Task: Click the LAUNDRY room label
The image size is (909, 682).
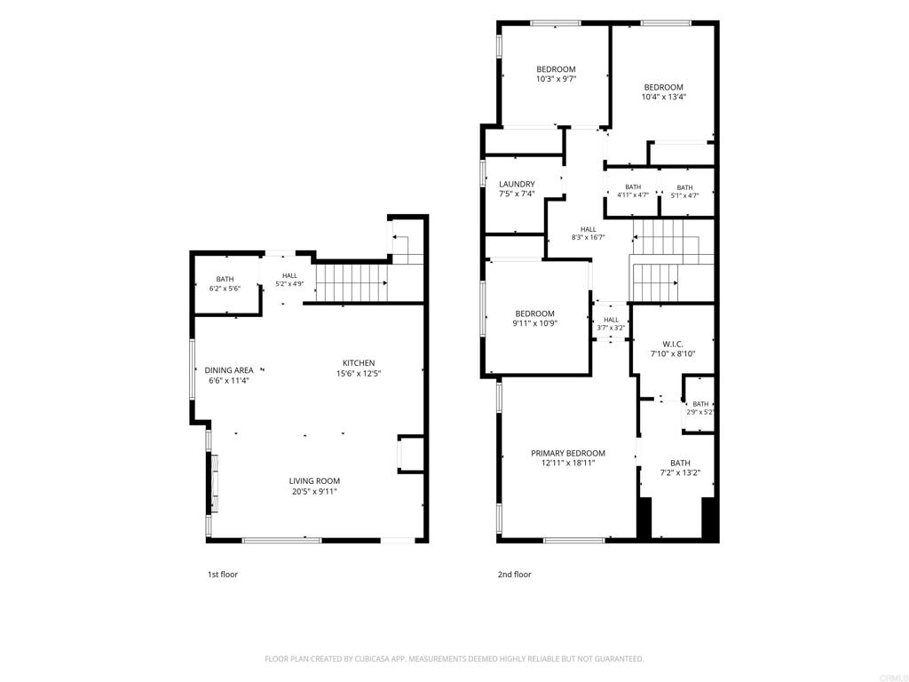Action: [x=517, y=185]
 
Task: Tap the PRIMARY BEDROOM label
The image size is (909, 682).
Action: [x=568, y=453]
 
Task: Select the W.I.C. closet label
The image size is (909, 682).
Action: [x=673, y=344]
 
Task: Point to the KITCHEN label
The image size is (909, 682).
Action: [x=359, y=363]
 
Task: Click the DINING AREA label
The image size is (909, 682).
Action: [x=229, y=370]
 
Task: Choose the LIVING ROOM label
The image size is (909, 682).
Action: [x=314, y=480]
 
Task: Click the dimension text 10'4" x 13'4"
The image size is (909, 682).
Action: [x=664, y=98]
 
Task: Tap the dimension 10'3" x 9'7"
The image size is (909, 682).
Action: [x=556, y=79]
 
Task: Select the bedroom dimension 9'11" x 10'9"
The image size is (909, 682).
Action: [x=534, y=323]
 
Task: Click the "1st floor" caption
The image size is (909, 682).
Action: [x=223, y=575]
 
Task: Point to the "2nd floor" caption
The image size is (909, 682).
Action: [x=514, y=575]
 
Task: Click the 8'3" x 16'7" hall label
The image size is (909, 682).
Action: [x=589, y=236]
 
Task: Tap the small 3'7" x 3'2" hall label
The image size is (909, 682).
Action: [x=611, y=328]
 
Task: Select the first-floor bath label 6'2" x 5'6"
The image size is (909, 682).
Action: [x=225, y=289]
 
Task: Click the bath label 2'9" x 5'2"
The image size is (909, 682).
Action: [x=700, y=412]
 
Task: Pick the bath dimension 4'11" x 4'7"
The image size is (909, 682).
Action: [x=633, y=195]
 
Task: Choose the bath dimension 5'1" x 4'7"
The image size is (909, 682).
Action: [x=684, y=195]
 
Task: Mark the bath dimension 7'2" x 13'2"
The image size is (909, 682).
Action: [x=680, y=472]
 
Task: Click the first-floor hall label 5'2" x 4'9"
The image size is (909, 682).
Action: [x=289, y=283]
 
